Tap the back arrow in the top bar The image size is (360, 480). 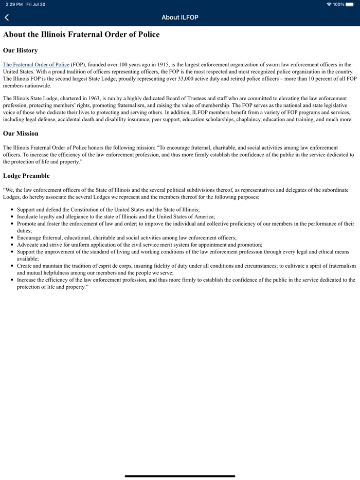click(7, 17)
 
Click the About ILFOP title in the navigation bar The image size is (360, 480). click(180, 17)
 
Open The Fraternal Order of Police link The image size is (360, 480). click(36, 65)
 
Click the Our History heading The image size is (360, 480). click(20, 50)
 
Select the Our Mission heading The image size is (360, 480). click(21, 133)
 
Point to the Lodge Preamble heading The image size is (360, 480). click(26, 176)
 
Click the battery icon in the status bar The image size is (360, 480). click(350, 4)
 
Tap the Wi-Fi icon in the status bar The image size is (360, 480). click(329, 4)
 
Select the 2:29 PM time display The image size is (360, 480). click(14, 4)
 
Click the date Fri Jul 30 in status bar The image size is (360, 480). click(35, 4)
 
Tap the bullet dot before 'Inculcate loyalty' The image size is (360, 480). click(12, 217)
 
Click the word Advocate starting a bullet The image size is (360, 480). click(28, 245)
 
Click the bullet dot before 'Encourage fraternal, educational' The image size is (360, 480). click(12, 238)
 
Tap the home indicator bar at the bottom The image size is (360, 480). click(180, 476)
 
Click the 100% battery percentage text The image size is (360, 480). click(339, 4)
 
